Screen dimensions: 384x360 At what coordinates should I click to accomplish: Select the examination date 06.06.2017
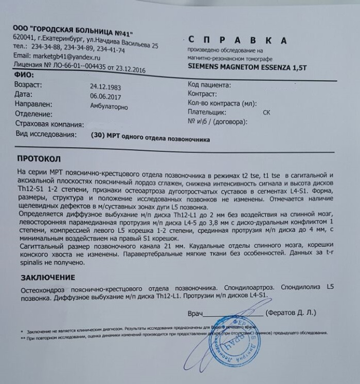tap(107, 96)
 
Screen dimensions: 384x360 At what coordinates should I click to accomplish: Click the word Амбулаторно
tap(109, 106)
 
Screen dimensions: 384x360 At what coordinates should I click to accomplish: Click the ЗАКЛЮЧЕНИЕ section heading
tap(48, 278)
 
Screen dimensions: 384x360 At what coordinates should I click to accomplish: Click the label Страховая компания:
tap(49, 125)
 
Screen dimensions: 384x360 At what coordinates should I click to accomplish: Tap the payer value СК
tap(266, 112)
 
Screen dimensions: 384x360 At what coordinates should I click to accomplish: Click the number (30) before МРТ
tap(96, 136)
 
